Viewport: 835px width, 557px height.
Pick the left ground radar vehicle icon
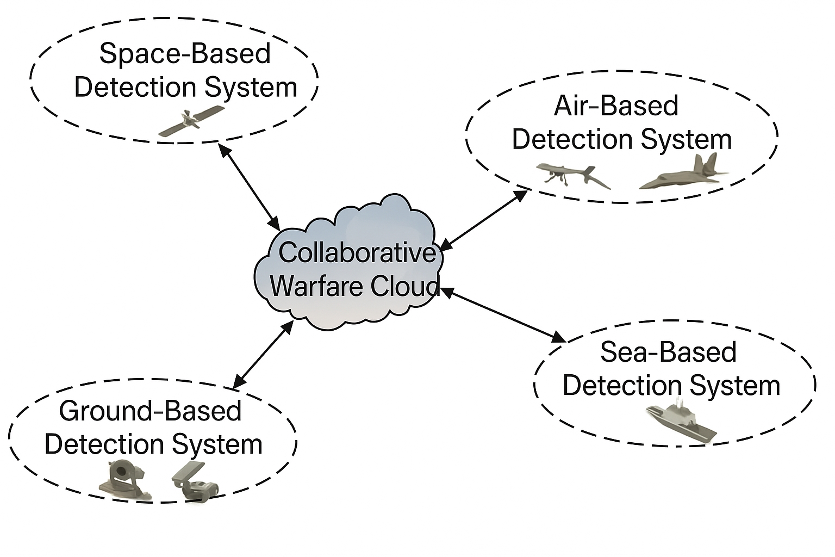point(124,480)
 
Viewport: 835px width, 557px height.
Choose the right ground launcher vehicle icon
point(196,482)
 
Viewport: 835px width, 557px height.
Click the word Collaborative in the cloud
point(357,253)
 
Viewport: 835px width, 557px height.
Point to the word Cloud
point(405,286)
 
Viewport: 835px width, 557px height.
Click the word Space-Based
point(185,53)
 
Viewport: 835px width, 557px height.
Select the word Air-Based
point(616,106)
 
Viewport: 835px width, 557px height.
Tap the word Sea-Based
point(668,352)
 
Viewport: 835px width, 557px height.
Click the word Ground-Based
point(150,411)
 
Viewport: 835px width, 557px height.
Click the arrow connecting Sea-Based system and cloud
point(503,315)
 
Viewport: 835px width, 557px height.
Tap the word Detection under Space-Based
point(135,88)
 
